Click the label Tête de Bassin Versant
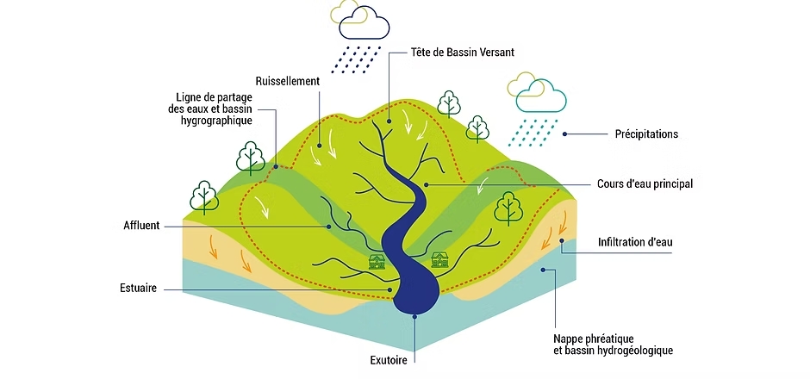pyautogui.click(x=462, y=53)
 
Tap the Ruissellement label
pyautogui.click(x=288, y=81)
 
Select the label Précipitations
pyautogui.click(x=646, y=134)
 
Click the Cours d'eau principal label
pyautogui.click(x=645, y=183)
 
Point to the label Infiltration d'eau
pyautogui.click(x=635, y=242)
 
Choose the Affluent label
pyautogui.click(x=142, y=226)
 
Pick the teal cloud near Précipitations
pyautogui.click(x=543, y=96)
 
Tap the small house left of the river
pyautogui.click(x=377, y=262)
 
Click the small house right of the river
pyautogui.click(x=439, y=259)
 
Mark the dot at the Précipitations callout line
pyautogui.click(x=564, y=134)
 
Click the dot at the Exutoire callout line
pyautogui.click(x=414, y=317)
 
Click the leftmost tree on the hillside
pyautogui.click(x=203, y=196)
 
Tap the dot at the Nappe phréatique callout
pyautogui.click(x=542, y=270)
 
